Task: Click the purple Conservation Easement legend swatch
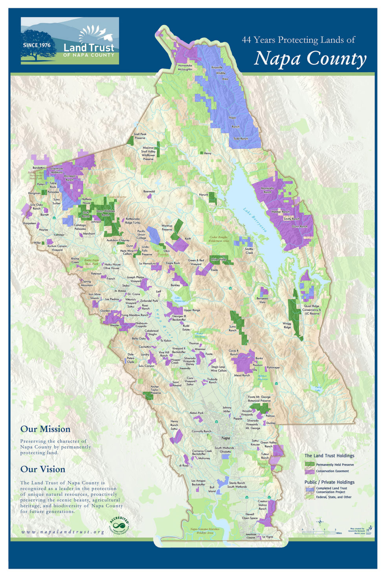click(x=310, y=471)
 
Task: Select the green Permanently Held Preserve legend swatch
click(x=310, y=464)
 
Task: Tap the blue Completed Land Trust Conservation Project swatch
click(x=310, y=490)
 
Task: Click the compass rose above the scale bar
click(x=320, y=522)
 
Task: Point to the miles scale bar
click(x=319, y=530)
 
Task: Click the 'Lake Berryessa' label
click(x=255, y=220)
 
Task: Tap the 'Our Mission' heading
click(x=45, y=429)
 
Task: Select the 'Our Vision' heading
click(x=43, y=469)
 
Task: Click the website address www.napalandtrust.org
click(x=63, y=532)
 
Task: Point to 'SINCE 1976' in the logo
click(x=37, y=45)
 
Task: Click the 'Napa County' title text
click(x=310, y=59)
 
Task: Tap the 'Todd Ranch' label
click(x=240, y=139)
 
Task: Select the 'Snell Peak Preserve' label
click(x=140, y=136)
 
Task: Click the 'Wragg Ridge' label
click(x=287, y=325)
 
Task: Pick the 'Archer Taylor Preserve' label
click(x=155, y=390)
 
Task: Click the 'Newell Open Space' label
click(x=250, y=516)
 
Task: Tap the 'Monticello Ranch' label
click(x=267, y=190)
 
